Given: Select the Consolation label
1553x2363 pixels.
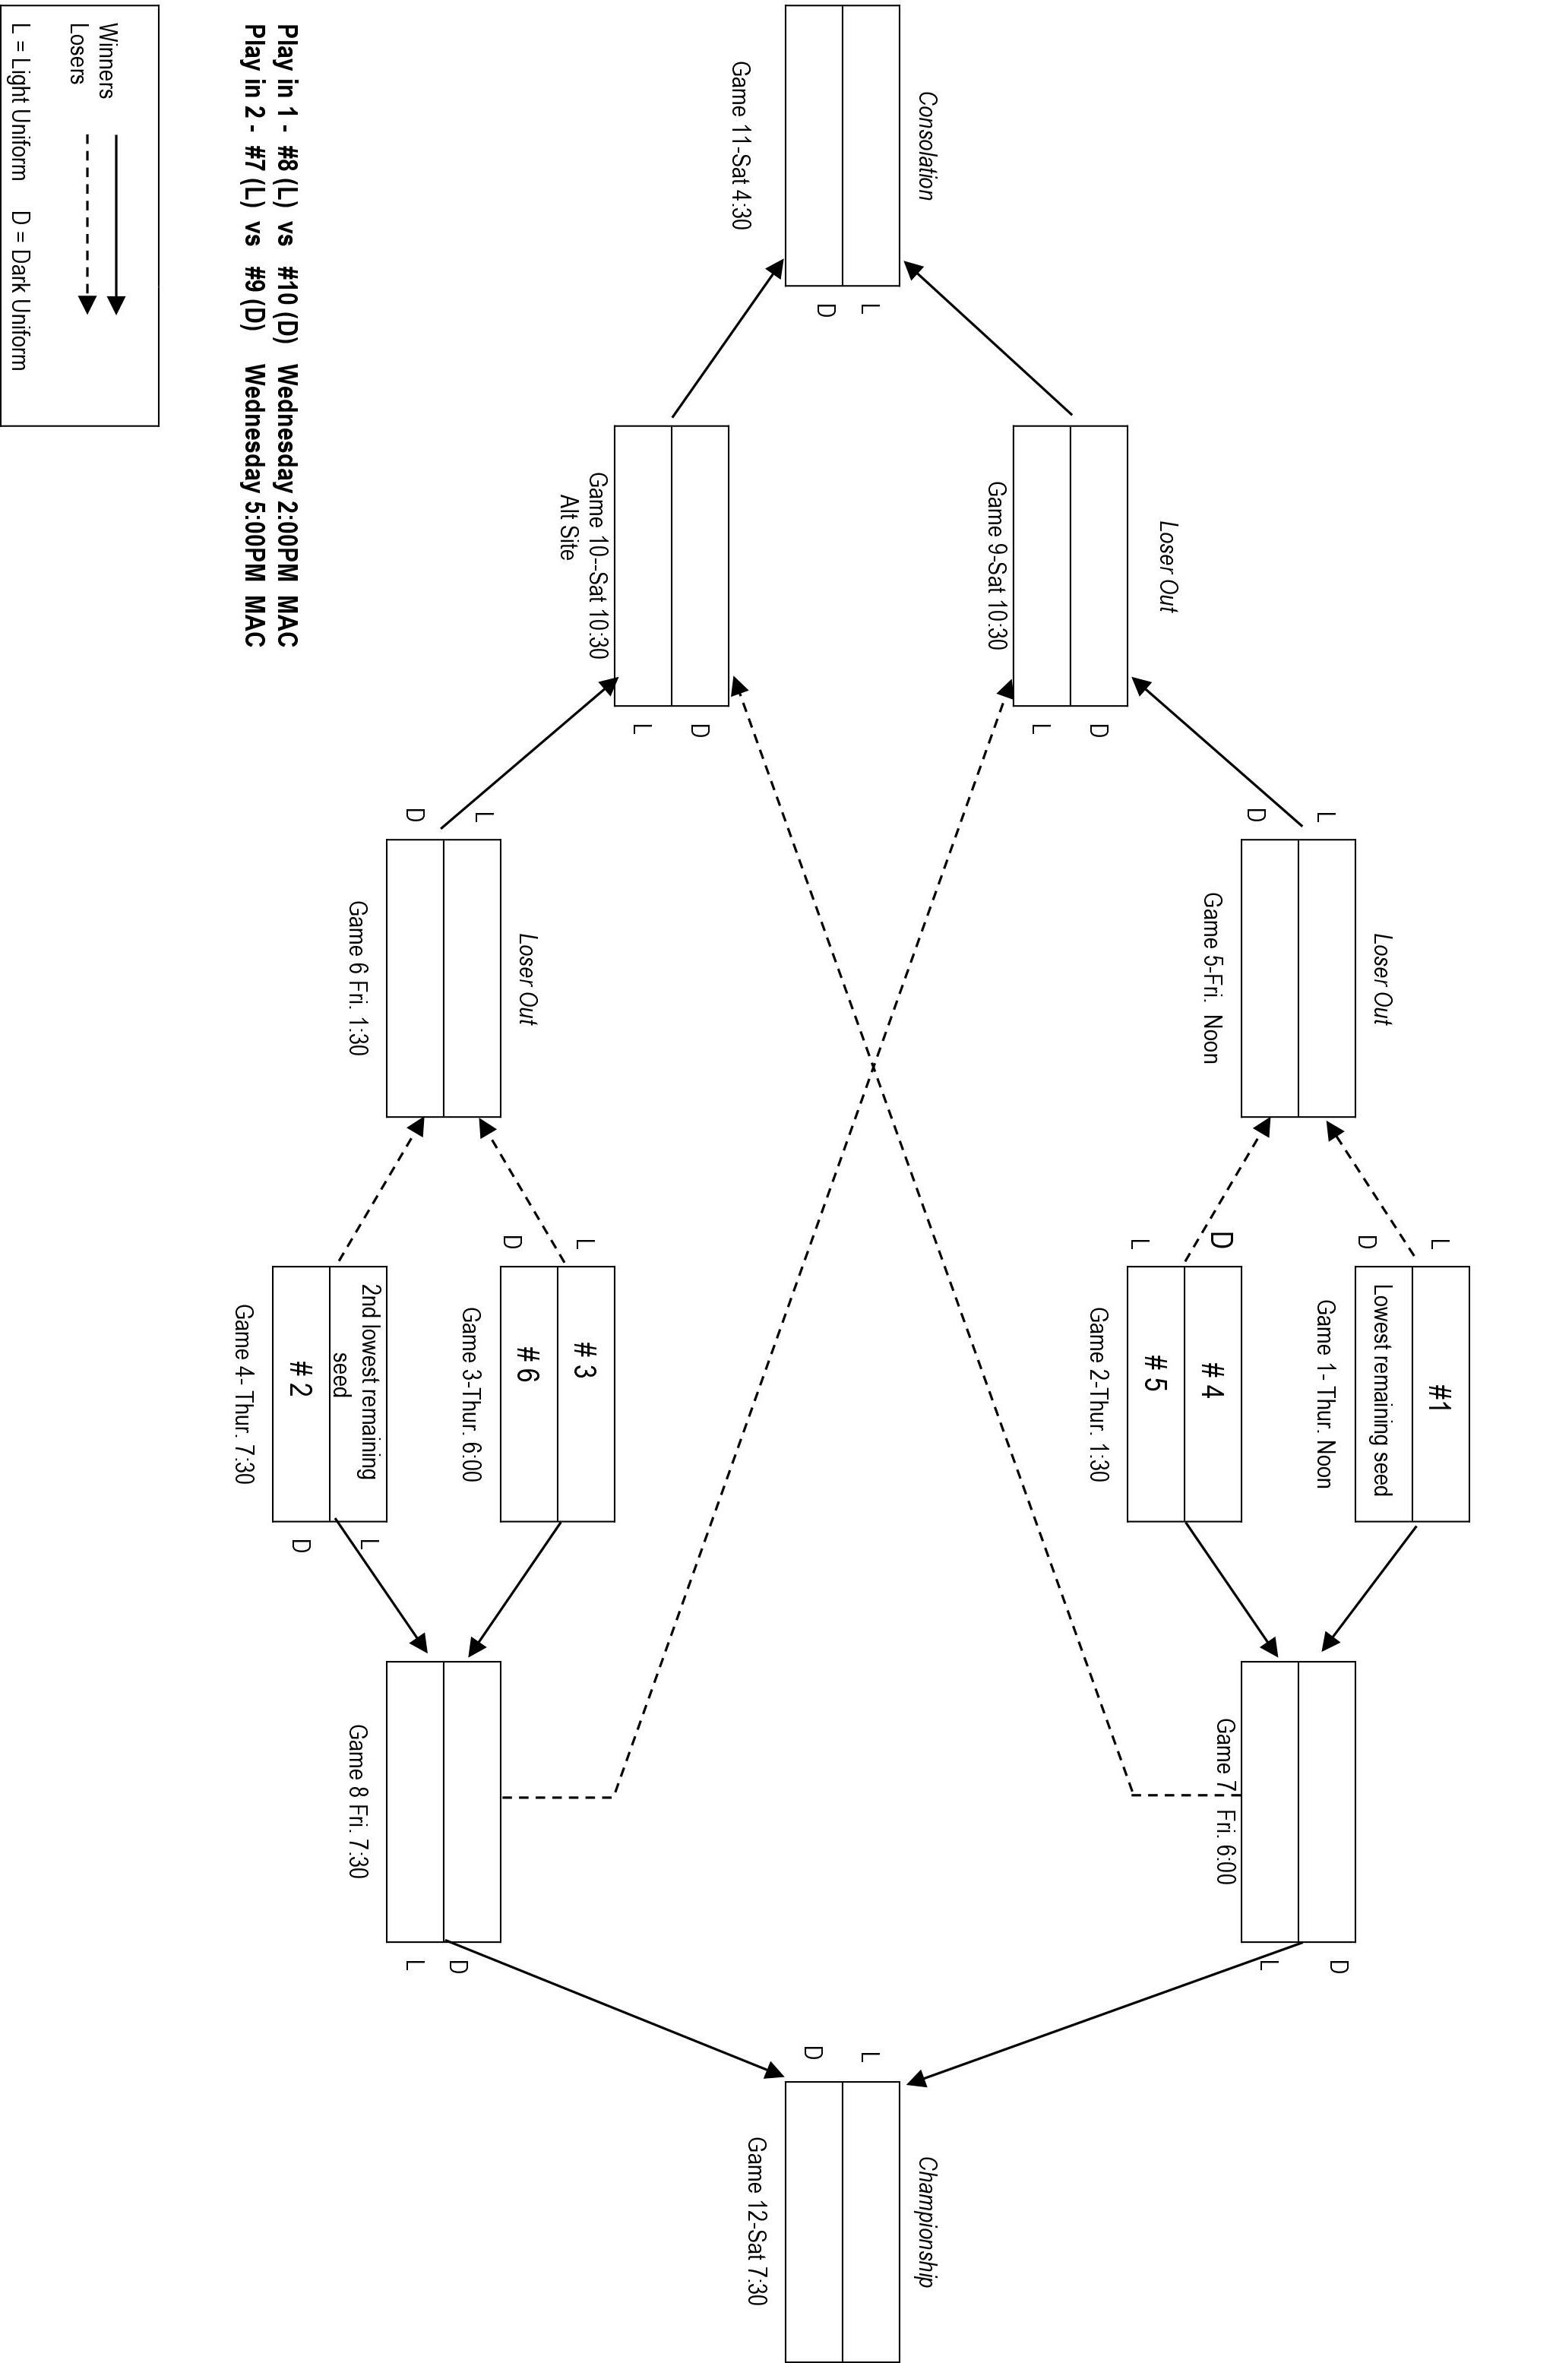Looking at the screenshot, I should click(925, 146).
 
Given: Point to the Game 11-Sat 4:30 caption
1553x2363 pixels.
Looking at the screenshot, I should click(741, 145).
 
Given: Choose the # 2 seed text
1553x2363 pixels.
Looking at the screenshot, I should click(300, 1377).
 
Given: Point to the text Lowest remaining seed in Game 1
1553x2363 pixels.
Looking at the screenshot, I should click(1382, 1390).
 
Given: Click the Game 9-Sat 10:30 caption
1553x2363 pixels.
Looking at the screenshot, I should click(997, 566).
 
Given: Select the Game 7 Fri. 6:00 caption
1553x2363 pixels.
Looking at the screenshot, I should click(1226, 1802).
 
